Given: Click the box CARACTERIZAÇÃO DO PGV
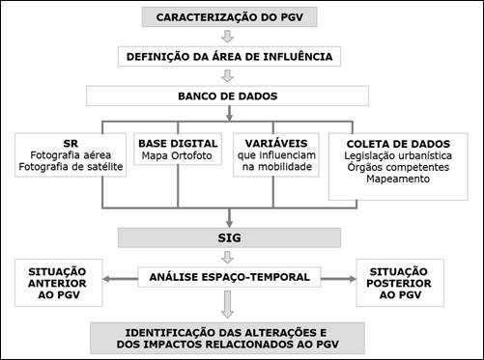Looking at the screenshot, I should click(228, 17).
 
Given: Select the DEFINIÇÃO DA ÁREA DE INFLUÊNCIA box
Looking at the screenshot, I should click(229, 56).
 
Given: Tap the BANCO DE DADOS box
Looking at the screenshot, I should click(229, 96).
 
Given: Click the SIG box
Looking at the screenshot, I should click(229, 236).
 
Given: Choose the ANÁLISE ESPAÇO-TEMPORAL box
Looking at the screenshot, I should click(229, 277).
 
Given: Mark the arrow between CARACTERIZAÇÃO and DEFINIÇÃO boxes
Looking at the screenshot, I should click(229, 37).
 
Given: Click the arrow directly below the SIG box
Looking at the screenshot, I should click(229, 257).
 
